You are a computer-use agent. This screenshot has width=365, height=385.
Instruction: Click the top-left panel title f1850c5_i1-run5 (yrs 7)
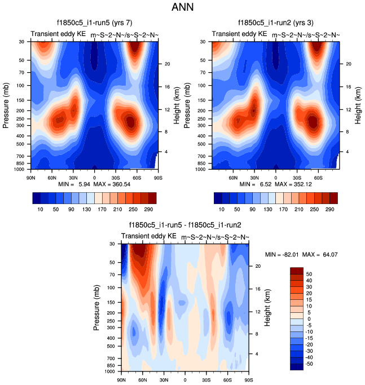point(94,23)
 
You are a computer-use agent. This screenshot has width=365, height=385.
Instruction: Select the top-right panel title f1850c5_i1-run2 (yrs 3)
point(276,23)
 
